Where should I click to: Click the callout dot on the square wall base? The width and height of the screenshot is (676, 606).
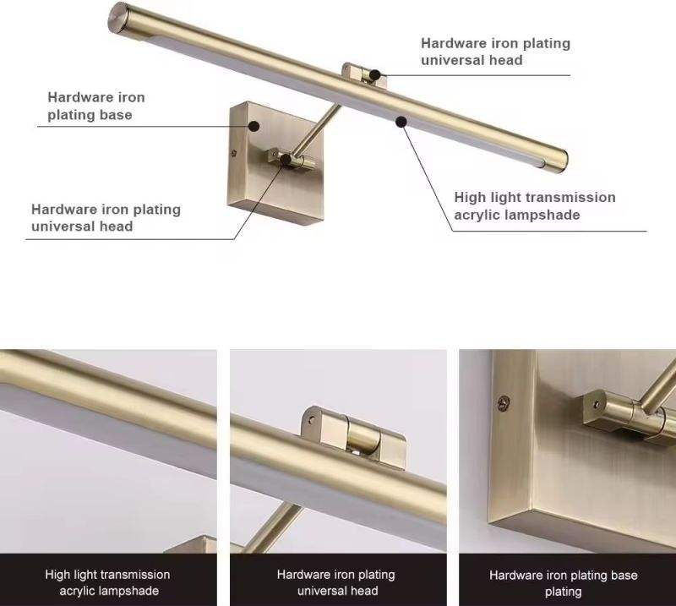pyautogui.click(x=254, y=127)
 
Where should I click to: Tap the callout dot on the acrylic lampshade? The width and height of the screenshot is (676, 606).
pyautogui.click(x=401, y=122)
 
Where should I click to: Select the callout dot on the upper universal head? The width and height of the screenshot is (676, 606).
pyautogui.click(x=374, y=75)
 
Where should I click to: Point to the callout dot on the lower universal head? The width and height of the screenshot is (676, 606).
pyautogui.click(x=286, y=159)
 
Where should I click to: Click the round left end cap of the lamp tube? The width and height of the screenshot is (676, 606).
pyautogui.click(x=117, y=16)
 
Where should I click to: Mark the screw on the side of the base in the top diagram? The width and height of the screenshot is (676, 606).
pyautogui.click(x=234, y=152)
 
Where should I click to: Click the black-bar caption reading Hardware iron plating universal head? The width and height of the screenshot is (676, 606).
pyautogui.click(x=336, y=582)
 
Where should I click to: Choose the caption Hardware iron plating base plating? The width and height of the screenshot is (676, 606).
pyautogui.click(x=564, y=583)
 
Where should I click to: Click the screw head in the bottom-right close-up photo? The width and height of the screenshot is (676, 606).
pyautogui.click(x=503, y=403)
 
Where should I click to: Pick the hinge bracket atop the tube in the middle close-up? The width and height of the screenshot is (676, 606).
pyautogui.click(x=353, y=436)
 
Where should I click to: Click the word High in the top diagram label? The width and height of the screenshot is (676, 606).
pyautogui.click(x=470, y=198)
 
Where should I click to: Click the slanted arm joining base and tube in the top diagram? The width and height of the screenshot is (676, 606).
pyautogui.click(x=316, y=129)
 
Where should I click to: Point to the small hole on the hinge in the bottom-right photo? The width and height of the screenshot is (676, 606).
pyautogui.click(x=597, y=405)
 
